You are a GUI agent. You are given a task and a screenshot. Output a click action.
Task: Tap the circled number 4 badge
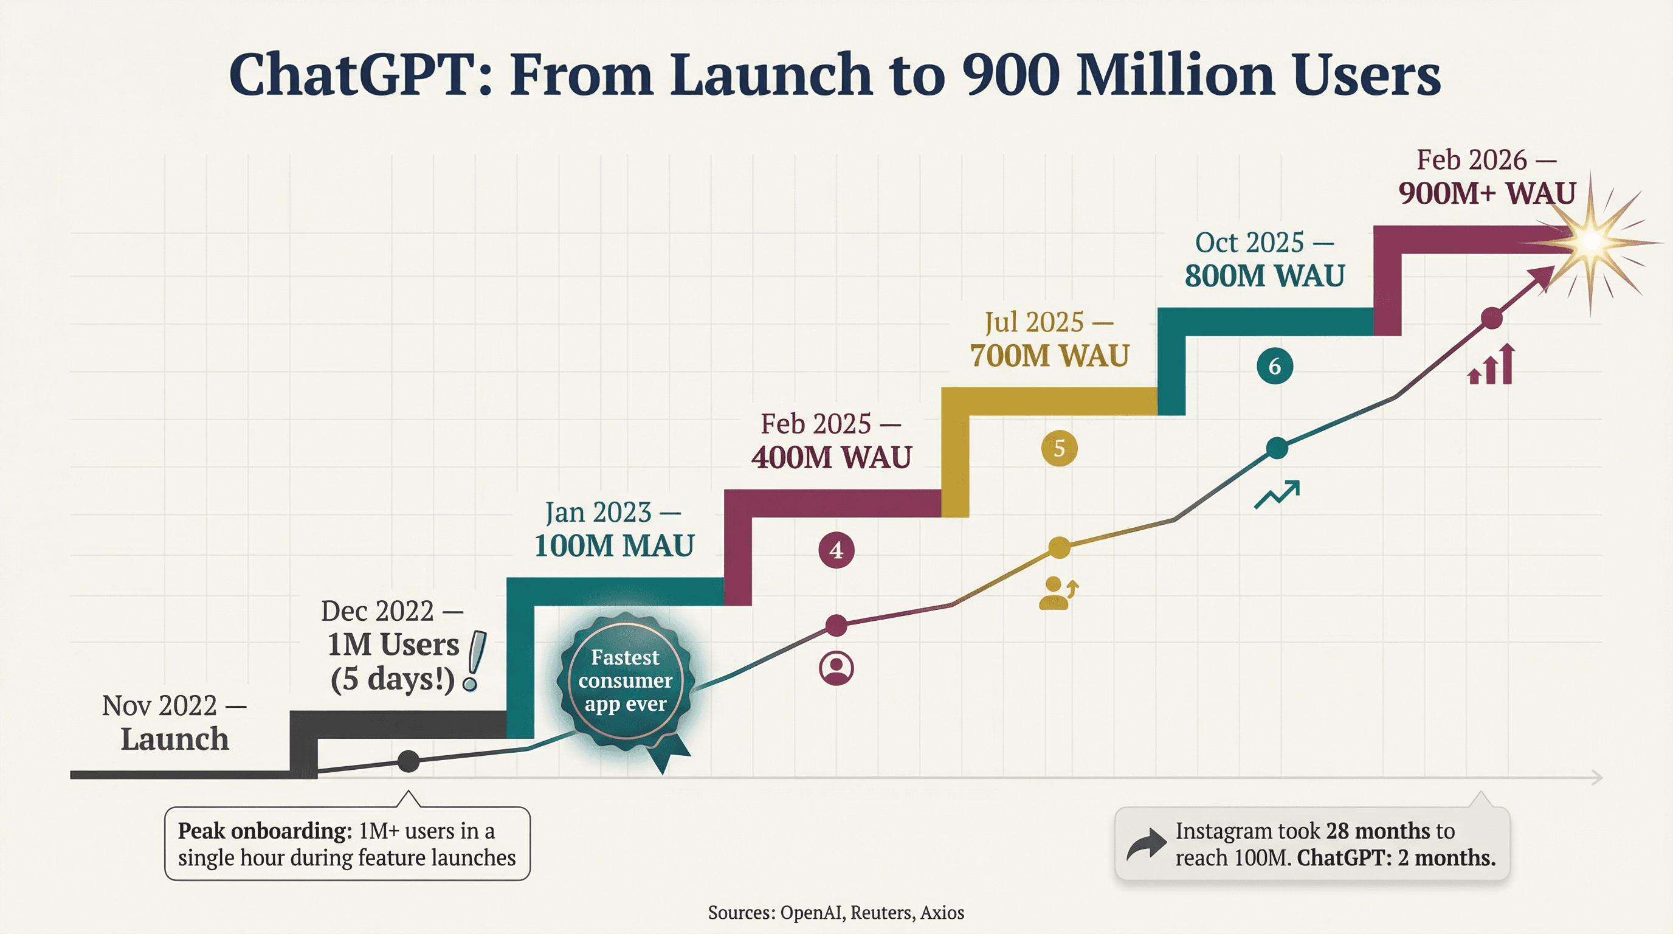[836, 550]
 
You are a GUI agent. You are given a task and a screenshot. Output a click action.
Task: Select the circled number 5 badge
[1059, 448]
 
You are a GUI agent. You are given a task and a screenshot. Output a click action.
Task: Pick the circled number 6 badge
[1274, 366]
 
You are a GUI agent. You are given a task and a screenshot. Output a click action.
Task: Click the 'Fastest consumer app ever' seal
[626, 681]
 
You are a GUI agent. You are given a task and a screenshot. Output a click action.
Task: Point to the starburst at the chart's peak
[1591, 242]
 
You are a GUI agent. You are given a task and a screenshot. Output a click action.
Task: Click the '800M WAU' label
[1264, 275]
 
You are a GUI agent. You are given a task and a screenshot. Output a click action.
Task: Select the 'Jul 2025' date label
[1034, 322]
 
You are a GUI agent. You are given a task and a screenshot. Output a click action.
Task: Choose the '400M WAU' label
[831, 457]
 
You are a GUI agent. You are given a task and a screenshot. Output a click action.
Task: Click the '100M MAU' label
[614, 545]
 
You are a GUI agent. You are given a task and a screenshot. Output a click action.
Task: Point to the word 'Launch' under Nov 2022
[174, 739]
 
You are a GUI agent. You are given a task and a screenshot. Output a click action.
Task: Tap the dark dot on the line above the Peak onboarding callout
[409, 761]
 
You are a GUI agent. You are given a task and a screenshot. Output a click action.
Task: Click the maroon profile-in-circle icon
[836, 668]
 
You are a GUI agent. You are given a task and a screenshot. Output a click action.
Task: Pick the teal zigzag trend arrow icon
[1277, 494]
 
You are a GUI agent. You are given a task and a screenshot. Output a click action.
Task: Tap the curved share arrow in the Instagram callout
[1146, 845]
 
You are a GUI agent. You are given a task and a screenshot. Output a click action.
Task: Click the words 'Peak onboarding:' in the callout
[265, 831]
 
